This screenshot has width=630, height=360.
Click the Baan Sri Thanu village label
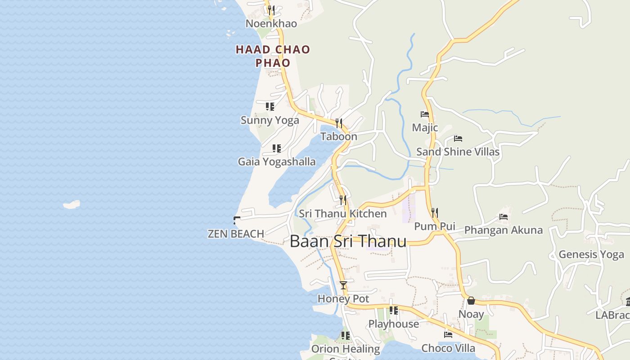click(348, 241)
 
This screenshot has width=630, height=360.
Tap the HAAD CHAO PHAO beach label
click(273, 56)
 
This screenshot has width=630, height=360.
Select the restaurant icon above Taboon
click(339, 123)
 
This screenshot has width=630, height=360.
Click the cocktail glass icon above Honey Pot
click(343, 285)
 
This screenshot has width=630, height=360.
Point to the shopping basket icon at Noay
click(471, 301)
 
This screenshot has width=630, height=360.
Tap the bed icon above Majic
click(424, 114)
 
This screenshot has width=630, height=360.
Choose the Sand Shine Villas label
click(458, 152)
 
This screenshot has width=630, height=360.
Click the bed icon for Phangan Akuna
click(504, 217)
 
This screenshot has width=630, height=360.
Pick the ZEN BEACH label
click(236, 234)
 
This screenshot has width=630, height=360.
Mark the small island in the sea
click(72, 205)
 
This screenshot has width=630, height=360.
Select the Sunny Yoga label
click(270, 120)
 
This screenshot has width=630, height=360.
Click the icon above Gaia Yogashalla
click(276, 148)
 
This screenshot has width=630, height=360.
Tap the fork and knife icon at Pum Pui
click(434, 212)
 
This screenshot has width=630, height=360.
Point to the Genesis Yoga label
click(591, 254)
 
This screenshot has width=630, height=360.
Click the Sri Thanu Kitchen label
click(343, 214)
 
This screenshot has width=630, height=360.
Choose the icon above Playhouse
click(393, 310)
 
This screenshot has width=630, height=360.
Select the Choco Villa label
click(448, 348)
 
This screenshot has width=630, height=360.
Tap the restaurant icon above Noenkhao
click(271, 10)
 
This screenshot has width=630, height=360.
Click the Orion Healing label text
click(346, 349)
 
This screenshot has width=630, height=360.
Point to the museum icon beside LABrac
click(627, 301)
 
